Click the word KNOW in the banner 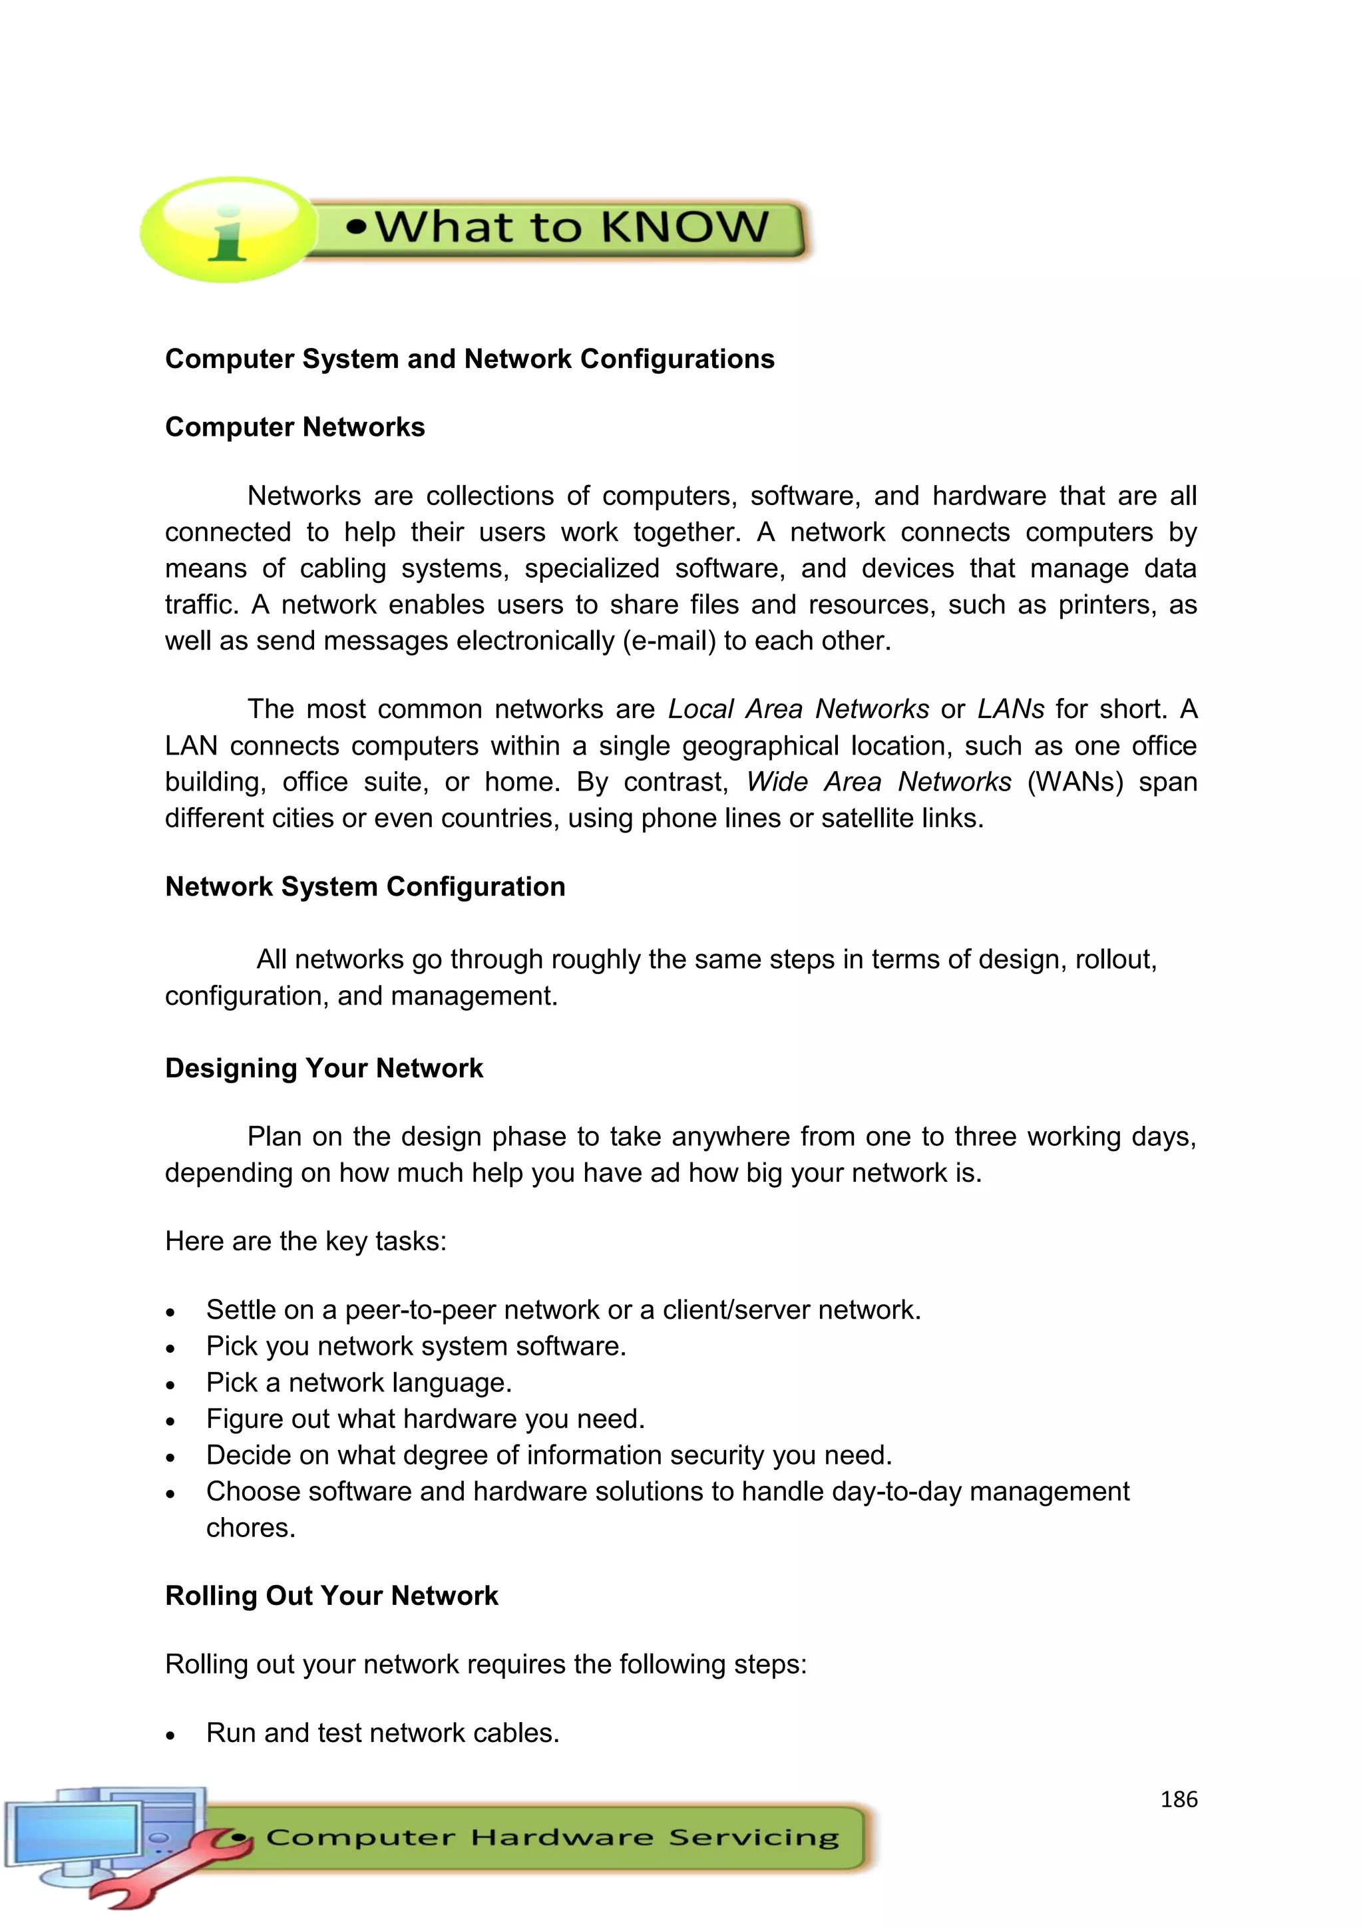coord(684,228)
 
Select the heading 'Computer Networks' coord(295,427)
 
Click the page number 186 coord(1179,1799)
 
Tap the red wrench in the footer coord(168,1866)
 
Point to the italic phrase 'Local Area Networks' coord(798,710)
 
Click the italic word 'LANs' coord(1010,710)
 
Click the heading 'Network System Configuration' coord(365,887)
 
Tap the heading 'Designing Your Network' coord(324,1069)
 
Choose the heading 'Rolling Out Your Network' coord(331,1596)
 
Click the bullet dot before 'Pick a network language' coord(170,1385)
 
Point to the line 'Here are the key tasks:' coord(305,1241)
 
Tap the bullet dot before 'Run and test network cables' coord(170,1735)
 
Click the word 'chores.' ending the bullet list coord(251,1528)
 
